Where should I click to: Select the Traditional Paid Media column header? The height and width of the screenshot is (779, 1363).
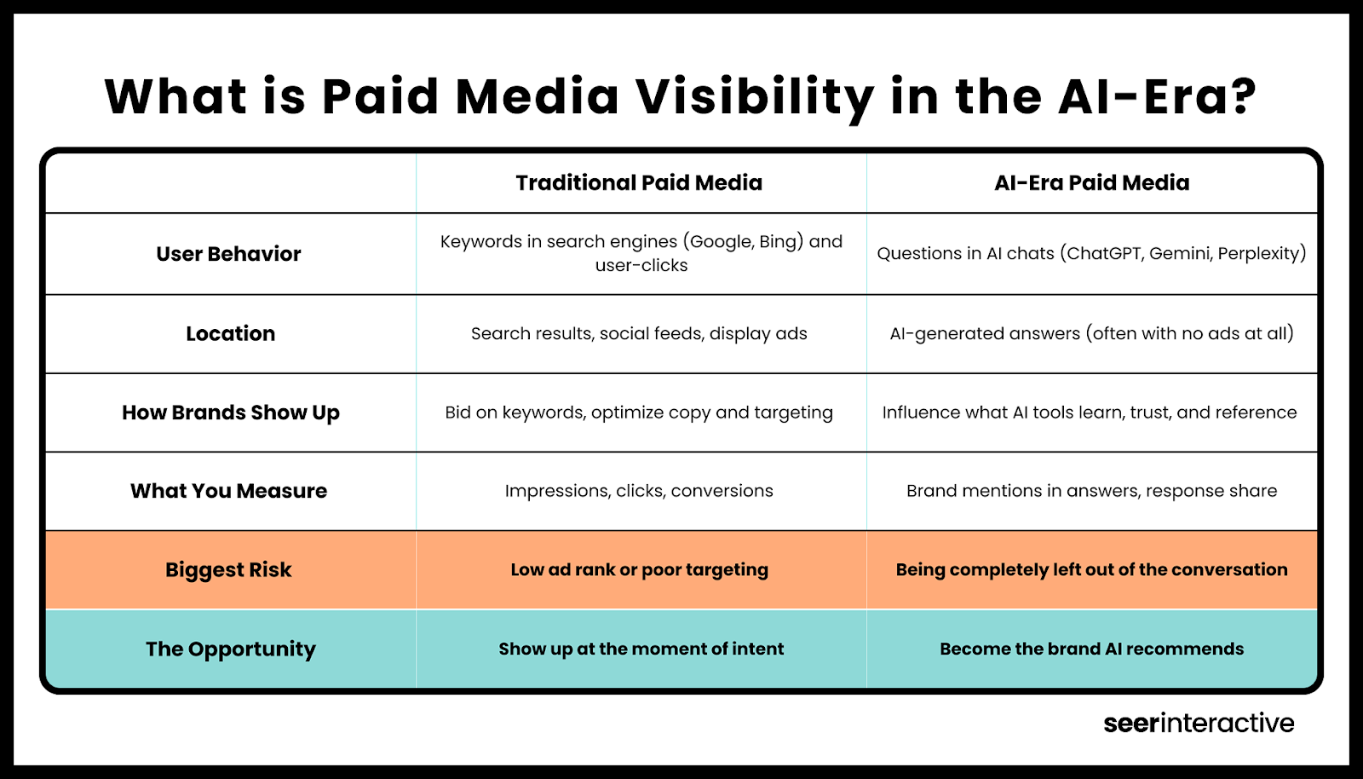[x=639, y=182]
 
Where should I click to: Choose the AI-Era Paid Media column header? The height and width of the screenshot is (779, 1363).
[x=1091, y=182]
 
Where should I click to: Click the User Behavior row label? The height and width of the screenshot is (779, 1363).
[x=229, y=254]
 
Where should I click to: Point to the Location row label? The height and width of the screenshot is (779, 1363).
[x=231, y=333]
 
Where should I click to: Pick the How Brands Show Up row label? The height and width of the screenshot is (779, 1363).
[x=231, y=413]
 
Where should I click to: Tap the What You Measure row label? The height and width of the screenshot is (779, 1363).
[x=229, y=491]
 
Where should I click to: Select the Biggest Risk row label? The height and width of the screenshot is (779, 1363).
[x=229, y=570]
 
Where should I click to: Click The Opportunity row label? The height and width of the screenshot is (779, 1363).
[x=231, y=649]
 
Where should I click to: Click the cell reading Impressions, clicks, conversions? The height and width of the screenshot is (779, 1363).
[x=639, y=491]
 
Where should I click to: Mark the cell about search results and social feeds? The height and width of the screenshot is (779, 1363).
[x=639, y=333]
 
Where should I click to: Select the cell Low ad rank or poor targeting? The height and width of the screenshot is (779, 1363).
[x=639, y=569]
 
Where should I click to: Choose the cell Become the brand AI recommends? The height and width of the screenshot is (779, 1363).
[x=1091, y=649]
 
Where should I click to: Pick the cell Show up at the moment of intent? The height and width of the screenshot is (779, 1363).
[x=641, y=649]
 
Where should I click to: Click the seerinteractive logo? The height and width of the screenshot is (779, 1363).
[x=1199, y=723]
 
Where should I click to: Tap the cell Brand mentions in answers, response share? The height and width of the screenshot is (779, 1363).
[x=1091, y=491]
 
